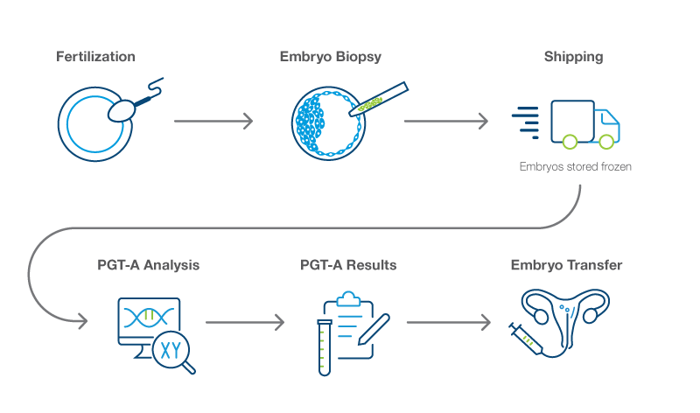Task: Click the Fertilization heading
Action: [95, 57]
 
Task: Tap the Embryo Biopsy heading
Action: [331, 57]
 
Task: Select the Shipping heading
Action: [574, 57]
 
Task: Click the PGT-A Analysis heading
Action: [148, 265]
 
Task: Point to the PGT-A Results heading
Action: [348, 265]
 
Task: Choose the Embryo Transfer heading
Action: [566, 265]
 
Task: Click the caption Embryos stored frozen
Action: [576, 166]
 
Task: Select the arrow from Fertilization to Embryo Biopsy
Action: [213, 121]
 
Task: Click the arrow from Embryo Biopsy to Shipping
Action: [446, 121]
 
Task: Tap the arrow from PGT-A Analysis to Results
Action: [245, 322]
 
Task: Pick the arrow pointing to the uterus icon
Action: [449, 322]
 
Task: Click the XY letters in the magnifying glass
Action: [171, 351]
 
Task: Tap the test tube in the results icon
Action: [325, 347]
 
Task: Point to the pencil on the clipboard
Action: [374, 329]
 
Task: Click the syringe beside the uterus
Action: [527, 339]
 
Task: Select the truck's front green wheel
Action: [606, 142]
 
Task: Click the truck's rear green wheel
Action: [570, 142]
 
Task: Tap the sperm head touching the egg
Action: [121, 110]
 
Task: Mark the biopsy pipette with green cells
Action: [379, 99]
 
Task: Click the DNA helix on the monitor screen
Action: [149, 317]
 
